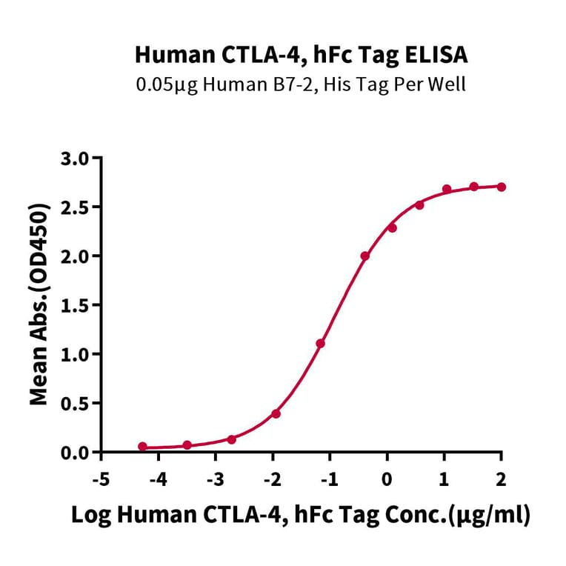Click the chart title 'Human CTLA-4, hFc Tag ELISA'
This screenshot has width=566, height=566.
[301, 55]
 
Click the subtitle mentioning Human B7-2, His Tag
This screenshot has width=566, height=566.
[301, 84]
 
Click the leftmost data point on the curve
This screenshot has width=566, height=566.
[142, 447]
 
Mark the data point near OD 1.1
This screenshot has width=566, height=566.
[320, 344]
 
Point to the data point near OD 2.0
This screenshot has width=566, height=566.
[364, 256]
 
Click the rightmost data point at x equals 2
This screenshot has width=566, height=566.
[502, 187]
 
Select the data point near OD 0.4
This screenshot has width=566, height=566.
[276, 413]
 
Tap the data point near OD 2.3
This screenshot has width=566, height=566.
[392, 227]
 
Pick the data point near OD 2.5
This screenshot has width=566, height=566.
[419, 204]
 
